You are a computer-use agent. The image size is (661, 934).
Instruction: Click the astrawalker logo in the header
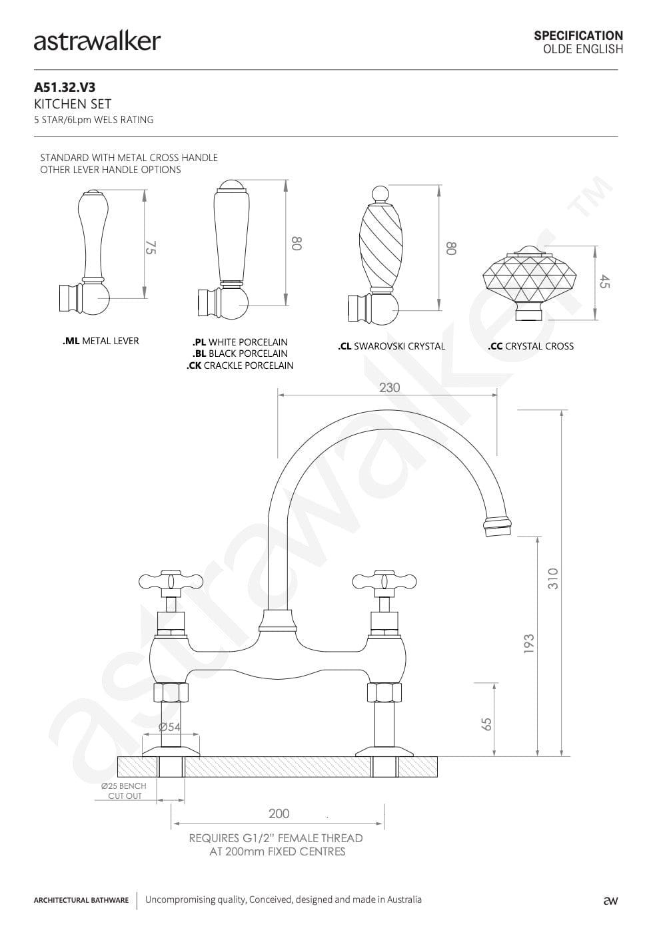[x=97, y=42]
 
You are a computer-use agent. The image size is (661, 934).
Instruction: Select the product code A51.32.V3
[x=65, y=87]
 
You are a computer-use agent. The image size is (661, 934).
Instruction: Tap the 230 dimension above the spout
[x=389, y=387]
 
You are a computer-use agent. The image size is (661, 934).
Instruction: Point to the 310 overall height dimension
[x=552, y=579]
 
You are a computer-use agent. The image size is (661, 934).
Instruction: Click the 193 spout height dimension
[x=528, y=644]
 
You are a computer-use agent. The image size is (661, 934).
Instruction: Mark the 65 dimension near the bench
[x=486, y=724]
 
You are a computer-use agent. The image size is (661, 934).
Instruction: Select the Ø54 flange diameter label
[x=170, y=727]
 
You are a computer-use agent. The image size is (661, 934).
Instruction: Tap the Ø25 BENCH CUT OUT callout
[x=125, y=791]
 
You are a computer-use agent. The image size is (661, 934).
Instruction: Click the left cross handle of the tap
[x=171, y=581]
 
